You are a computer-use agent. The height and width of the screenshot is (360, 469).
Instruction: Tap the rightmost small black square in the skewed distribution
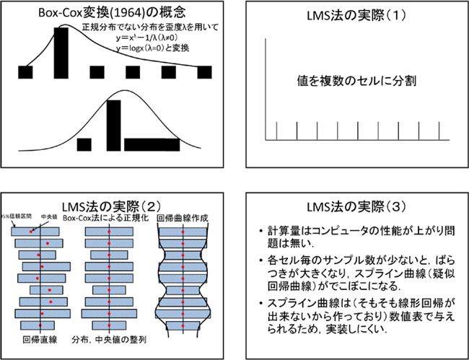(x=204, y=71)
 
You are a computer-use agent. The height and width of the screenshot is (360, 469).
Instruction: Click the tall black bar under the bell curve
(x=114, y=123)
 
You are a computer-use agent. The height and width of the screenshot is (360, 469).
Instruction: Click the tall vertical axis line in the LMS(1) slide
(x=266, y=87)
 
